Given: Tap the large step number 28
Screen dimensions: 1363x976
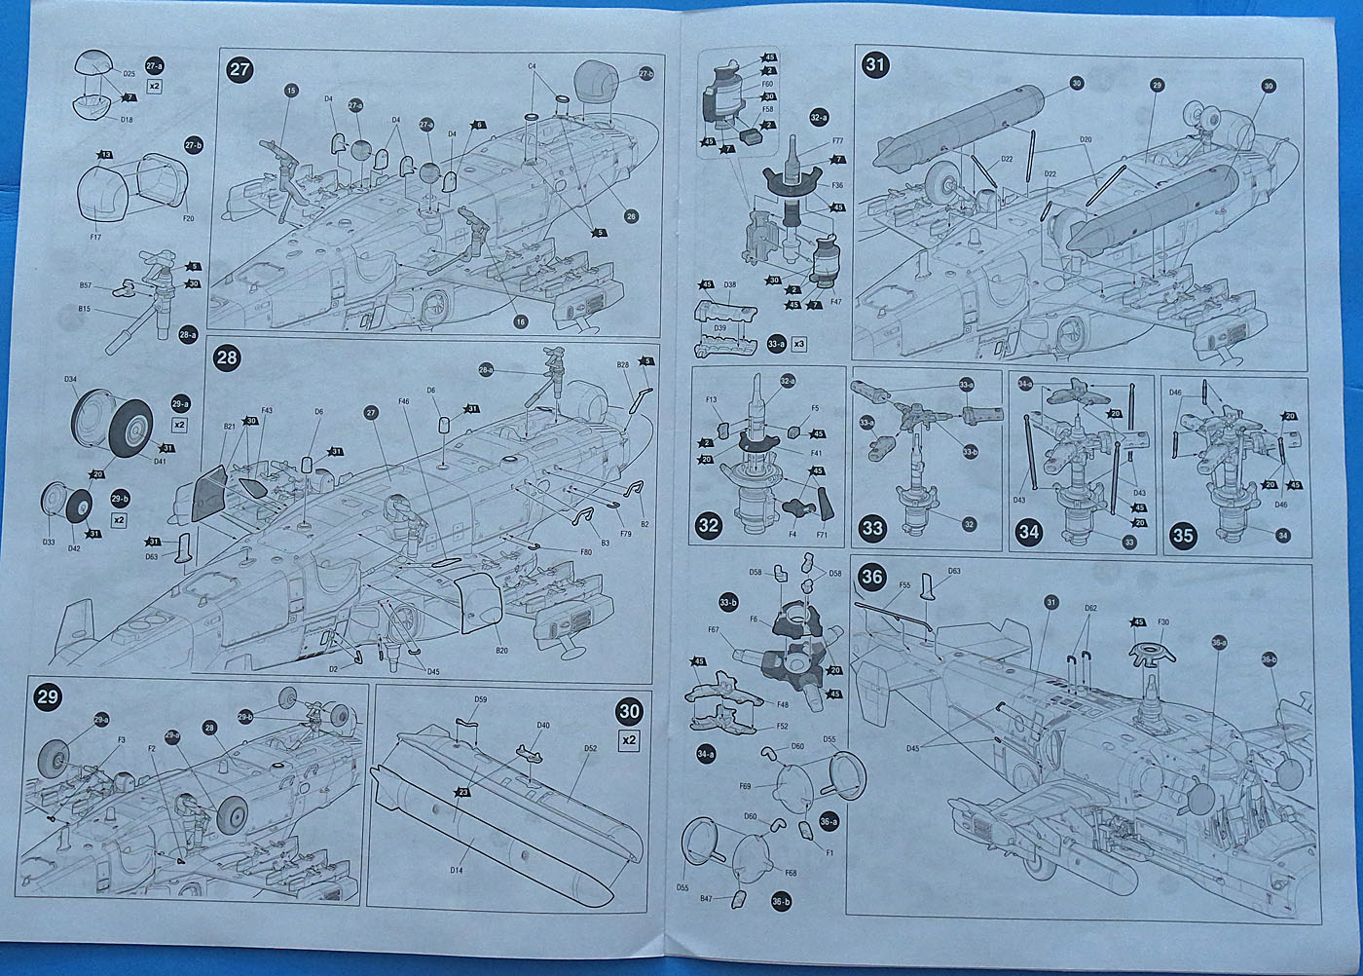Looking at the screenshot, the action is coord(226,358).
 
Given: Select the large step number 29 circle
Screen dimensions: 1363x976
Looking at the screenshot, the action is coord(47,697).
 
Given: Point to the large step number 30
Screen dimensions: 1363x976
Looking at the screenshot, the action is coord(631,712).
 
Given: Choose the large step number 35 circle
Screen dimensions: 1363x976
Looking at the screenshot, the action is coord(1183,534).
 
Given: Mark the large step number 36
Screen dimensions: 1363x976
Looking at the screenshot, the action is coord(872,577).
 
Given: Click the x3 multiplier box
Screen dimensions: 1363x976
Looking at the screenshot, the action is coord(799,343).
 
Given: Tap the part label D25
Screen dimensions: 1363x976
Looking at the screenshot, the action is coord(129,74).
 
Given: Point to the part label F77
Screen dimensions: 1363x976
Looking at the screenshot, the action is coord(837,142).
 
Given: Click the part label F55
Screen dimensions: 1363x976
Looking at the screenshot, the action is coord(905,586).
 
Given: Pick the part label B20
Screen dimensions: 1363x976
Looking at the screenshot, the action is coord(501,651).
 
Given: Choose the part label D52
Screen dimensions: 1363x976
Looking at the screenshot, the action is coord(591,749).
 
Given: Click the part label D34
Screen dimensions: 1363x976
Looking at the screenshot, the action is coord(70,379).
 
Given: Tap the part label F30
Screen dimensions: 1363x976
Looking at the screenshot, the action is coord(1164,621).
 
